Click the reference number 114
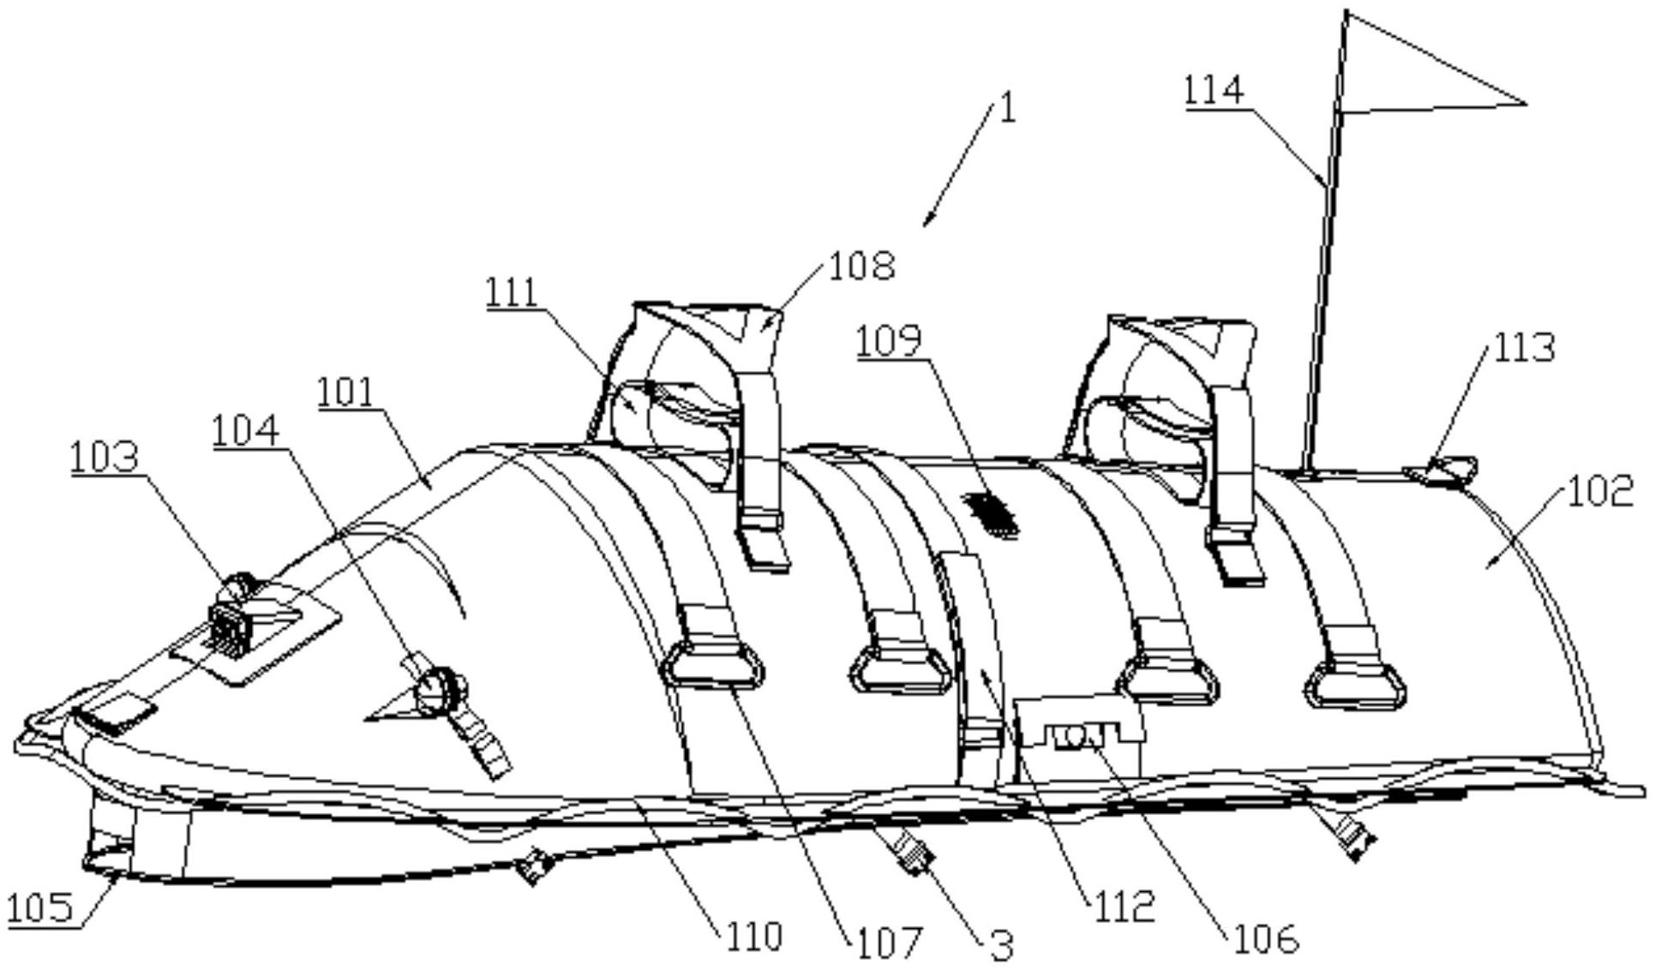(1214, 91)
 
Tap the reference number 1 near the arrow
(1009, 108)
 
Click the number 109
(889, 340)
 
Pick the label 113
(1524, 348)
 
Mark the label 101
(346, 392)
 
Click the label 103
(104, 458)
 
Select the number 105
(40, 907)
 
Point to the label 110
(754, 936)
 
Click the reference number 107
(887, 942)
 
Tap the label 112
(1123, 905)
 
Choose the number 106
(1266, 939)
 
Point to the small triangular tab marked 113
(1442, 470)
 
